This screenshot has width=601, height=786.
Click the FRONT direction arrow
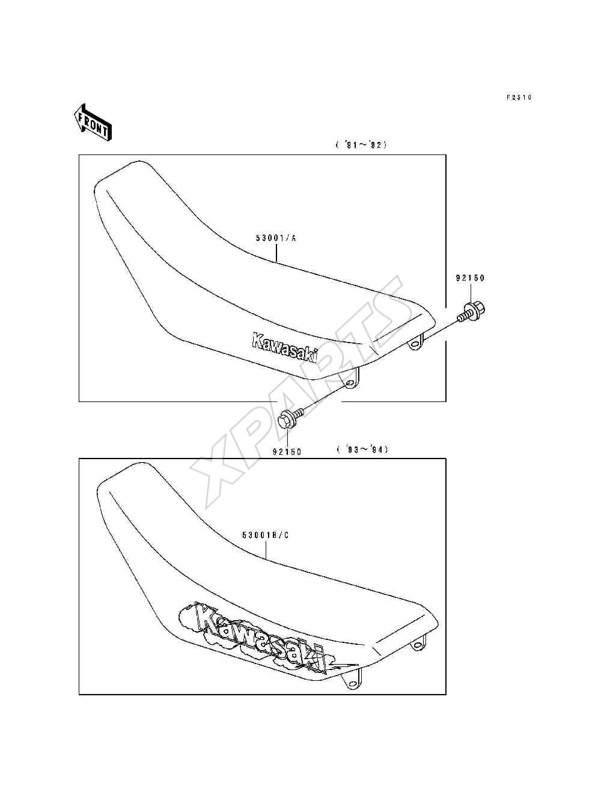point(93,123)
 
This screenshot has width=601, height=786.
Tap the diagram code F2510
point(519,97)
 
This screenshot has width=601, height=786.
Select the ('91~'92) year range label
point(361,145)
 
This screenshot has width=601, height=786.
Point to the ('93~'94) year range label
point(362,449)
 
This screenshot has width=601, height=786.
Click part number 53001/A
point(276,238)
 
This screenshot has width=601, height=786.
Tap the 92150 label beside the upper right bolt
point(470,278)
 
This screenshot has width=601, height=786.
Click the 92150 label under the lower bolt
point(287,452)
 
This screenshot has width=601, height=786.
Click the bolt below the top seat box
point(291,418)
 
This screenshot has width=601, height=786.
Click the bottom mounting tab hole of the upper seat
point(350,384)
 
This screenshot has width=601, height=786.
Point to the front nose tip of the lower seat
point(98,492)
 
